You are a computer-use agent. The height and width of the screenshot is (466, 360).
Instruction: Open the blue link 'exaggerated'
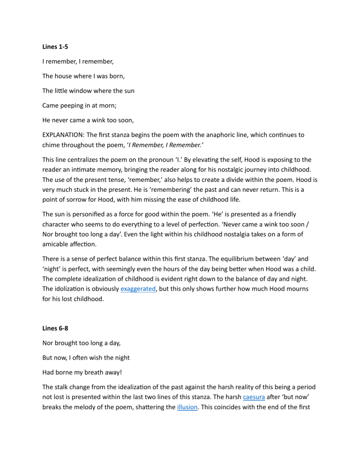point(138,289)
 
